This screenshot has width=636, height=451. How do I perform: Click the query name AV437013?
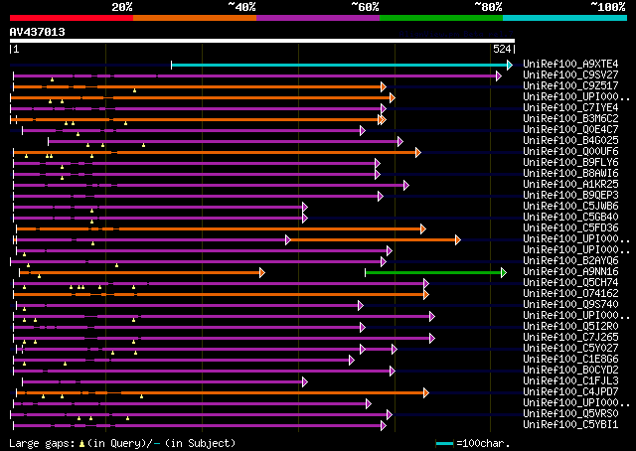tap(38, 32)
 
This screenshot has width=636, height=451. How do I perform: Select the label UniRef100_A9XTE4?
tap(570, 64)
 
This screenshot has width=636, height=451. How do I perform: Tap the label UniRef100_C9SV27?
tap(570, 75)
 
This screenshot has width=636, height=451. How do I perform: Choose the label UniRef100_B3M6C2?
tap(570, 118)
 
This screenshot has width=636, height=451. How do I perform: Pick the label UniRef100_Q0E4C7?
tap(570, 129)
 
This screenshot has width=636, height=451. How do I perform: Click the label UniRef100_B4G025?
tap(570, 140)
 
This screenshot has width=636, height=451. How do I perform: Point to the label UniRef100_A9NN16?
tap(570, 271)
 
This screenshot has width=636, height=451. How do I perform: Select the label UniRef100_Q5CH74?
tap(570, 282)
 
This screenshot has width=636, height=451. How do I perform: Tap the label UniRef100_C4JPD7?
tap(570, 391)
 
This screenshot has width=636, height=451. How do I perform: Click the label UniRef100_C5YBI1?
tap(570, 424)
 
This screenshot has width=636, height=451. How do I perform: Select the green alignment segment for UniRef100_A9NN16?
tap(434, 272)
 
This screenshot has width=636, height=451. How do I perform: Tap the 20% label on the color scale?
tap(122, 7)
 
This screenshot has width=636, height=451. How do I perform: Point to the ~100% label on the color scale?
tap(607, 7)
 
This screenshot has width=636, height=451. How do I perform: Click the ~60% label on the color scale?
tap(365, 7)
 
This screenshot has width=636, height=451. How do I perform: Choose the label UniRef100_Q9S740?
tap(570, 304)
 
